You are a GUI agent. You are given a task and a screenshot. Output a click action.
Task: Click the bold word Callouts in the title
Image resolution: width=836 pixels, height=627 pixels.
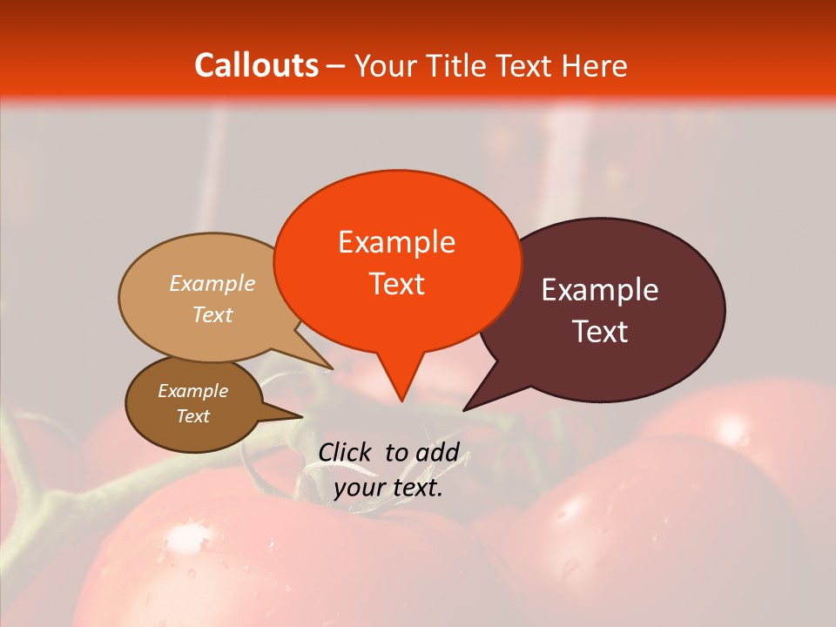coord(256,65)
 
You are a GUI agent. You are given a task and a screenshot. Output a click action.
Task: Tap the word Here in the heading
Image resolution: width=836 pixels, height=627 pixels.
coord(595,65)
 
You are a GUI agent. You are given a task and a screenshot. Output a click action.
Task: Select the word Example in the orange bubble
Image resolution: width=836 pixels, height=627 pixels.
coord(396,242)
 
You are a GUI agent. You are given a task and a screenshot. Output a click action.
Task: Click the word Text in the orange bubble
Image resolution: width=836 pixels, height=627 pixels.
coord(396,284)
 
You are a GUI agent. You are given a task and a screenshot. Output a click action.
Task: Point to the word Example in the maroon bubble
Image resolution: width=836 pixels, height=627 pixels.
coord(600,290)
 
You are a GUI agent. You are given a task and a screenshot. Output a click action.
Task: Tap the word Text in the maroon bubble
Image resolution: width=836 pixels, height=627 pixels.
coord(601,332)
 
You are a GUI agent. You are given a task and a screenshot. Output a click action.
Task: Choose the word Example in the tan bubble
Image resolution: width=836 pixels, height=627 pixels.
coord(212,283)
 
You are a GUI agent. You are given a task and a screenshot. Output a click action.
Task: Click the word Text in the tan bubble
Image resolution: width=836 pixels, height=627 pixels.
coord(212,314)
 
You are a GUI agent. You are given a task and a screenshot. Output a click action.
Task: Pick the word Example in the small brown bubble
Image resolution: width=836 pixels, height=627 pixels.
coord(192,391)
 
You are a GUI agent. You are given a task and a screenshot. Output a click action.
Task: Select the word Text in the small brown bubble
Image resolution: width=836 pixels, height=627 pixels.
coord(192,416)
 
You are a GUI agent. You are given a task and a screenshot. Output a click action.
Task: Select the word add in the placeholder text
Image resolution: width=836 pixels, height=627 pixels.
coord(439,452)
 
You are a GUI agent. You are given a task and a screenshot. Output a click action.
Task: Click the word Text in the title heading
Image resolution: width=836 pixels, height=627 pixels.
coord(525,65)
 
